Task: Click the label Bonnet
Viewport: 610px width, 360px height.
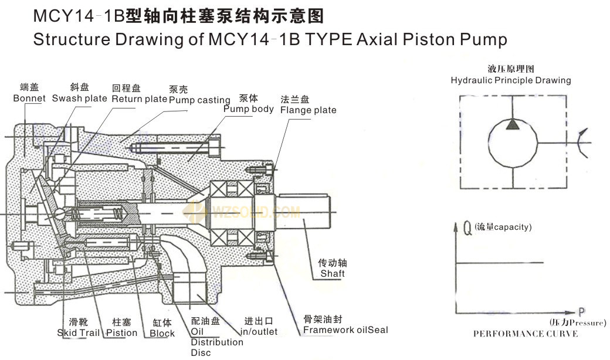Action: (x=29, y=99)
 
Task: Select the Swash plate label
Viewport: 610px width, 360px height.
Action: (x=79, y=99)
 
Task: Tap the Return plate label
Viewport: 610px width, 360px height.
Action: (x=140, y=99)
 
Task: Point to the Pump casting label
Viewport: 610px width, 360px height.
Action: (x=199, y=100)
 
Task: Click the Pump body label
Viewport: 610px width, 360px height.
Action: (x=248, y=109)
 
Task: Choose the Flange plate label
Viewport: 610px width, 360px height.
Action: (x=308, y=110)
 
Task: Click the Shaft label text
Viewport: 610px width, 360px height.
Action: (x=332, y=274)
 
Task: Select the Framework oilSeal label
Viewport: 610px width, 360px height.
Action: (x=345, y=330)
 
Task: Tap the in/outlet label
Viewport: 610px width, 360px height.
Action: (x=260, y=332)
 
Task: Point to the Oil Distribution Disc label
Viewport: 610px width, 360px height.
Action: (x=216, y=342)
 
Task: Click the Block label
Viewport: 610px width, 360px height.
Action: (x=162, y=333)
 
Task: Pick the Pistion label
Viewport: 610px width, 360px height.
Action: (x=121, y=332)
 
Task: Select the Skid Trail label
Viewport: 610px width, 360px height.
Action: (x=79, y=332)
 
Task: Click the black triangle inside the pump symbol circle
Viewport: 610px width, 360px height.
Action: (x=513, y=124)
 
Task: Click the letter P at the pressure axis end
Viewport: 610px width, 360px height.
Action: (x=581, y=312)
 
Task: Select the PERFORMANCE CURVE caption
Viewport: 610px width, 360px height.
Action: (x=525, y=334)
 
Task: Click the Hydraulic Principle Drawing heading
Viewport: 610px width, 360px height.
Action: (x=510, y=80)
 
